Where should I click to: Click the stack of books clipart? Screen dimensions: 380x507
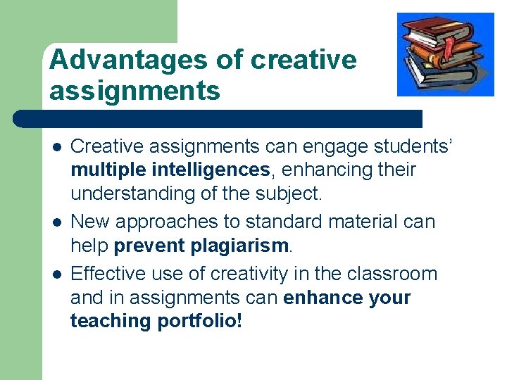coord(445,54)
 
